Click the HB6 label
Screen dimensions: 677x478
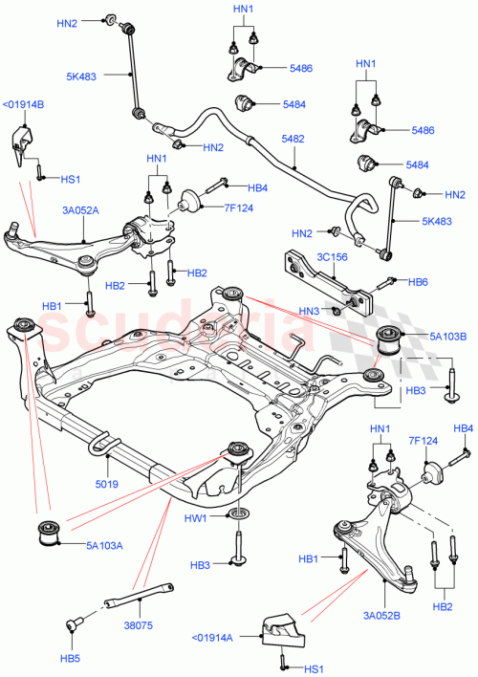(418, 282)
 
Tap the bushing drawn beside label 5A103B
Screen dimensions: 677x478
(392, 338)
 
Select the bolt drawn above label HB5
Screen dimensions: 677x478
(73, 624)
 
